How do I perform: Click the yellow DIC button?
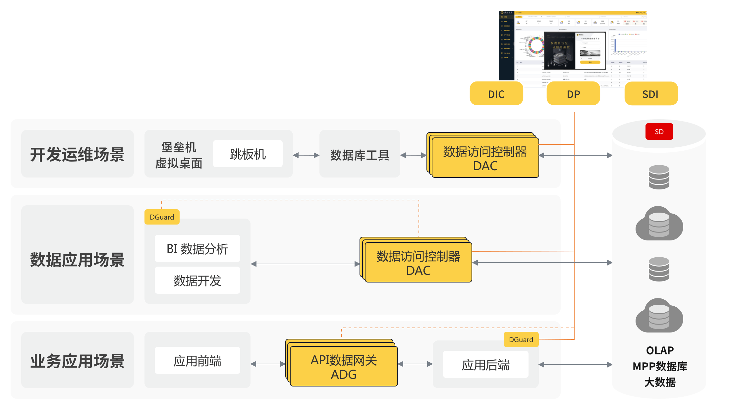pyautogui.click(x=496, y=94)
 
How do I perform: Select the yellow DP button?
pyautogui.click(x=573, y=94)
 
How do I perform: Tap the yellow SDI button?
pyautogui.click(x=651, y=94)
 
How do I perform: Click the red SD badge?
pyautogui.click(x=659, y=131)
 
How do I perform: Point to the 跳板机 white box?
pyautogui.click(x=248, y=154)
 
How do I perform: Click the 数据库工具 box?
pyautogui.click(x=360, y=155)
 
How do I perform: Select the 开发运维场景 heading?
pyautogui.click(x=77, y=154)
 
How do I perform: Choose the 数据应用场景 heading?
pyautogui.click(x=77, y=259)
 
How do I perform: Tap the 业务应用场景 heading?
pyautogui.click(x=77, y=361)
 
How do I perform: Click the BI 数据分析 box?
pyautogui.click(x=197, y=248)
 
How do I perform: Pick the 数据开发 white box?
pyautogui.click(x=197, y=281)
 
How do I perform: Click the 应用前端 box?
pyautogui.click(x=197, y=361)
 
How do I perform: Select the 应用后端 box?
pyautogui.click(x=485, y=365)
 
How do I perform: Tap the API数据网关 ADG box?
pyautogui.click(x=344, y=367)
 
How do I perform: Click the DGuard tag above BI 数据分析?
pyautogui.click(x=162, y=217)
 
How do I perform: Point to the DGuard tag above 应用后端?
pyautogui.click(x=521, y=339)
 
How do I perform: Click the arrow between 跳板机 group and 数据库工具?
pyautogui.click(x=306, y=155)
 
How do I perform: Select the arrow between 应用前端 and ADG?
pyautogui.click(x=268, y=364)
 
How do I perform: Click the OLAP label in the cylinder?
pyautogui.click(x=660, y=350)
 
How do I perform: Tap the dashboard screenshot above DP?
pyautogui.click(x=573, y=46)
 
